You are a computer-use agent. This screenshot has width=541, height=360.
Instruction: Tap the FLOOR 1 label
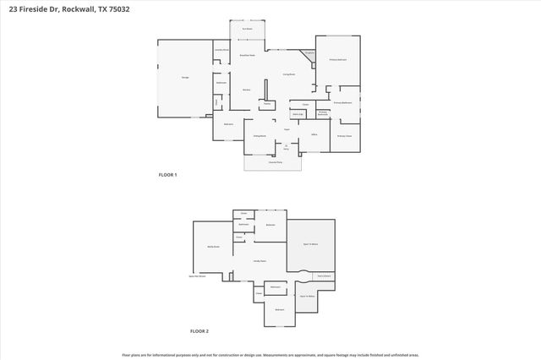tap(167, 175)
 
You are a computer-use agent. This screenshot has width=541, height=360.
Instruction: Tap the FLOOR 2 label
tap(199, 330)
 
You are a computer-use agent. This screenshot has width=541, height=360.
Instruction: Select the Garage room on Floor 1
tap(184, 78)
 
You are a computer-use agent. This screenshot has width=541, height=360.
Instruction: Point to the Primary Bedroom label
tap(337, 60)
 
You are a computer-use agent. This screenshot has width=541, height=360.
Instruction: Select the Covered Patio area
tap(272, 163)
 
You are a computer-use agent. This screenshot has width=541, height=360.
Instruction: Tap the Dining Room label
tap(260, 135)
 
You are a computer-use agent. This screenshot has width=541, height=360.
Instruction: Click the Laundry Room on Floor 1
tap(221, 50)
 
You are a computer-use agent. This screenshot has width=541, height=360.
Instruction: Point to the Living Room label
tap(288, 74)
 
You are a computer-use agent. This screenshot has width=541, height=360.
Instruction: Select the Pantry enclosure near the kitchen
tap(266, 105)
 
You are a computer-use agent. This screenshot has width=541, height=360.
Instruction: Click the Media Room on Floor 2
tap(213, 247)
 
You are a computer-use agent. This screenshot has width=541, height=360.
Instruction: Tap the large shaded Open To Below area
tap(310, 243)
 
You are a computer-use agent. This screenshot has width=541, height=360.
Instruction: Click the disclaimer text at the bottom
tap(270, 355)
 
